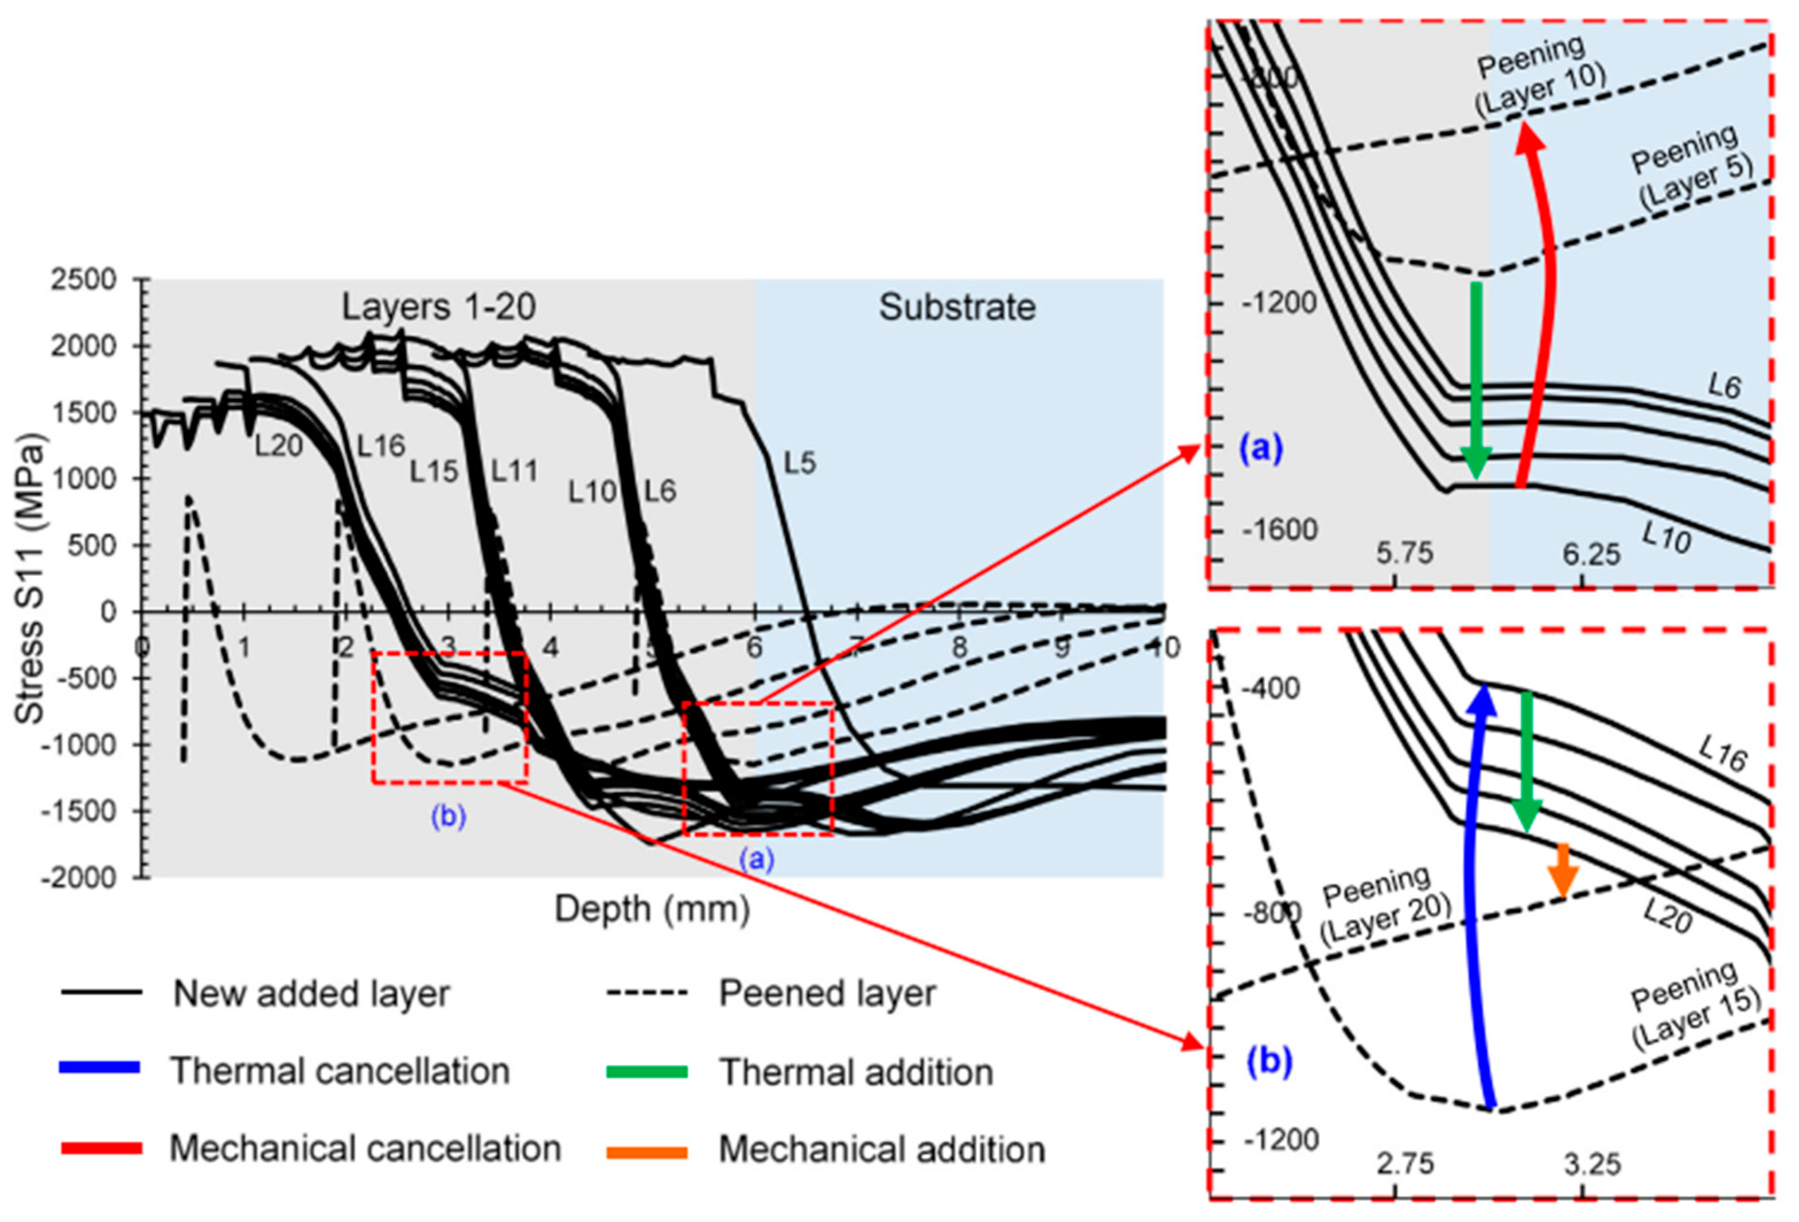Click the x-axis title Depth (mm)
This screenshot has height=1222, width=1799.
(x=652, y=909)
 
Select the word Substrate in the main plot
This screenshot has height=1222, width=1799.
(x=957, y=308)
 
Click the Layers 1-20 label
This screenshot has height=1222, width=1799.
(x=439, y=308)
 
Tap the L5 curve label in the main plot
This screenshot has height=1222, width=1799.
(x=800, y=463)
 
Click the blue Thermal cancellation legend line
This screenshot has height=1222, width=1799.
(x=100, y=1068)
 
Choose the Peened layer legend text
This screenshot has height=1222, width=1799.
(x=827, y=994)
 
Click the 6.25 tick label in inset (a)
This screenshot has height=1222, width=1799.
(x=1591, y=554)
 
